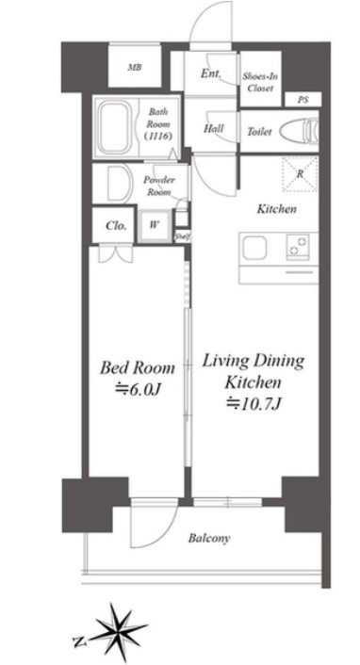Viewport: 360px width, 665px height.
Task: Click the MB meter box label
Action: point(135,67)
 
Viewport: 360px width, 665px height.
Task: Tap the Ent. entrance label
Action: point(210,73)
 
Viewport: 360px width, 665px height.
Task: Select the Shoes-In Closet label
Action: point(257,82)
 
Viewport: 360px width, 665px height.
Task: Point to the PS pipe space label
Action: point(303,100)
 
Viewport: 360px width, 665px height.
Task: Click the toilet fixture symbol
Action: point(299,131)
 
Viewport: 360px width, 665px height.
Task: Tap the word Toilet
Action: point(259,132)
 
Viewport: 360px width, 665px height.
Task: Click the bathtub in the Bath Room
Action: point(115,127)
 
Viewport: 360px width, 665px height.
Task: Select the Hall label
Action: point(214,128)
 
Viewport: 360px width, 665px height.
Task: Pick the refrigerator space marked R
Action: point(300,173)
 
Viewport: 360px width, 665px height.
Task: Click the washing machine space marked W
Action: point(155,225)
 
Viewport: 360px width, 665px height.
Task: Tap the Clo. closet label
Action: point(116,226)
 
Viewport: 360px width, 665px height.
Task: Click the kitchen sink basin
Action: point(254,248)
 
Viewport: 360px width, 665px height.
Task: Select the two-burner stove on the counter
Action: point(298,247)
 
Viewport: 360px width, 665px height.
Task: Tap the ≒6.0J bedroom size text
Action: point(138,390)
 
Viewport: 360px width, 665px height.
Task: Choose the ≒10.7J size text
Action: point(254,402)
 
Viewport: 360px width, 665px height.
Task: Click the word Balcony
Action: point(209,539)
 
